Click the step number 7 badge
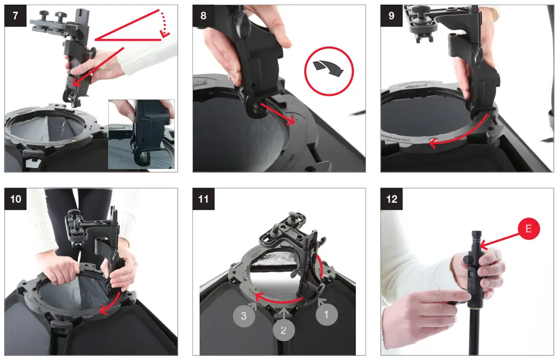(x=15, y=15)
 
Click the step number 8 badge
(x=203, y=15)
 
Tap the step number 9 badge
(x=391, y=15)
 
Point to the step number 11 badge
(x=203, y=199)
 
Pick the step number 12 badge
(x=392, y=199)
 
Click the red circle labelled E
(x=528, y=228)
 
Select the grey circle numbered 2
(x=284, y=330)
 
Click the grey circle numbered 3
(x=244, y=316)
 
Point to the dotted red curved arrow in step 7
(x=164, y=23)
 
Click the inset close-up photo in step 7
(x=141, y=134)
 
